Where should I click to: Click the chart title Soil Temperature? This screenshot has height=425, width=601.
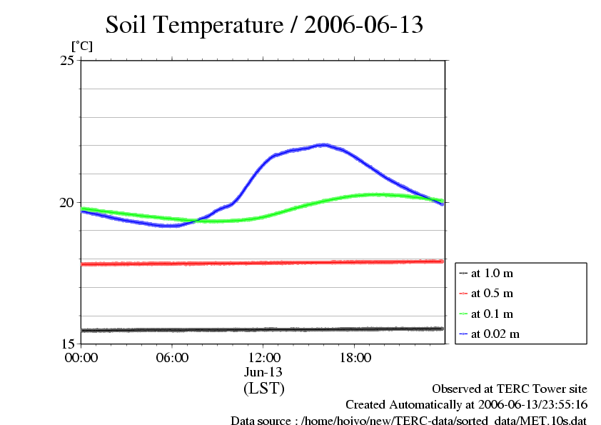pyautogui.click(x=264, y=25)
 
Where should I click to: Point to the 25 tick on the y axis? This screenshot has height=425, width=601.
pyautogui.click(x=67, y=60)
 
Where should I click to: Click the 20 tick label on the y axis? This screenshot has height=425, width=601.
pyautogui.click(x=67, y=202)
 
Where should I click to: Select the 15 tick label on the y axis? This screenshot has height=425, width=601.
pyautogui.click(x=67, y=344)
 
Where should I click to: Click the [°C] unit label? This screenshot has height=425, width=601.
pyautogui.click(x=81, y=46)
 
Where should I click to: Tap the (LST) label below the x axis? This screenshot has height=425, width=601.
pyautogui.click(x=264, y=389)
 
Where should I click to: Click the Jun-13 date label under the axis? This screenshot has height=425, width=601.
pyautogui.click(x=264, y=372)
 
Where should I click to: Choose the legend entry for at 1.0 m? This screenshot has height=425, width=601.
pyautogui.click(x=492, y=273)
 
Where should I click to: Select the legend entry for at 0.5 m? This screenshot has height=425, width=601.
pyautogui.click(x=492, y=293)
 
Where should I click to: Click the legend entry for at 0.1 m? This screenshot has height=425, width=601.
pyautogui.click(x=492, y=314)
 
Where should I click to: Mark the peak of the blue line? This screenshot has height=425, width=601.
pyautogui.click(x=323, y=144)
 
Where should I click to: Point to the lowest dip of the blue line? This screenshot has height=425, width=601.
pyautogui.click(x=168, y=226)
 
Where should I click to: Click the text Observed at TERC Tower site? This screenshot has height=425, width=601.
pyautogui.click(x=510, y=389)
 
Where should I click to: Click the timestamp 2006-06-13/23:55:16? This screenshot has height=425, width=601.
pyautogui.click(x=528, y=404)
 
